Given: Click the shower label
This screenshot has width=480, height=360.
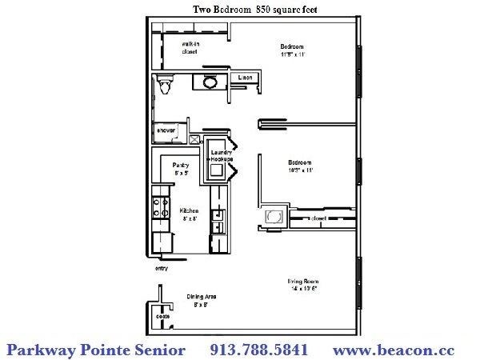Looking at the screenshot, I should click(x=166, y=129).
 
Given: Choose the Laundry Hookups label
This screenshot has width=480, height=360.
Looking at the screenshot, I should click(x=221, y=155).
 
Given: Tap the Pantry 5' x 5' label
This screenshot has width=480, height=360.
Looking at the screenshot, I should click(x=181, y=168).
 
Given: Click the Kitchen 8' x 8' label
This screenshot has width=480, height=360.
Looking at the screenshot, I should click(x=189, y=214).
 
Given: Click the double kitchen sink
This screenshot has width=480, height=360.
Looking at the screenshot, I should click(x=216, y=221).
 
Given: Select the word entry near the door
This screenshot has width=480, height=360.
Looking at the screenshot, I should click(x=161, y=269).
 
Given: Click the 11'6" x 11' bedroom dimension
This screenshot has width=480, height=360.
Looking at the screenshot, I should click(x=294, y=55).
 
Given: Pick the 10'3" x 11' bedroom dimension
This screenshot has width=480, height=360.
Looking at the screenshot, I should click(x=300, y=170).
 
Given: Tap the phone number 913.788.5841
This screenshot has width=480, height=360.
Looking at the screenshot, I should click(x=258, y=350).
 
